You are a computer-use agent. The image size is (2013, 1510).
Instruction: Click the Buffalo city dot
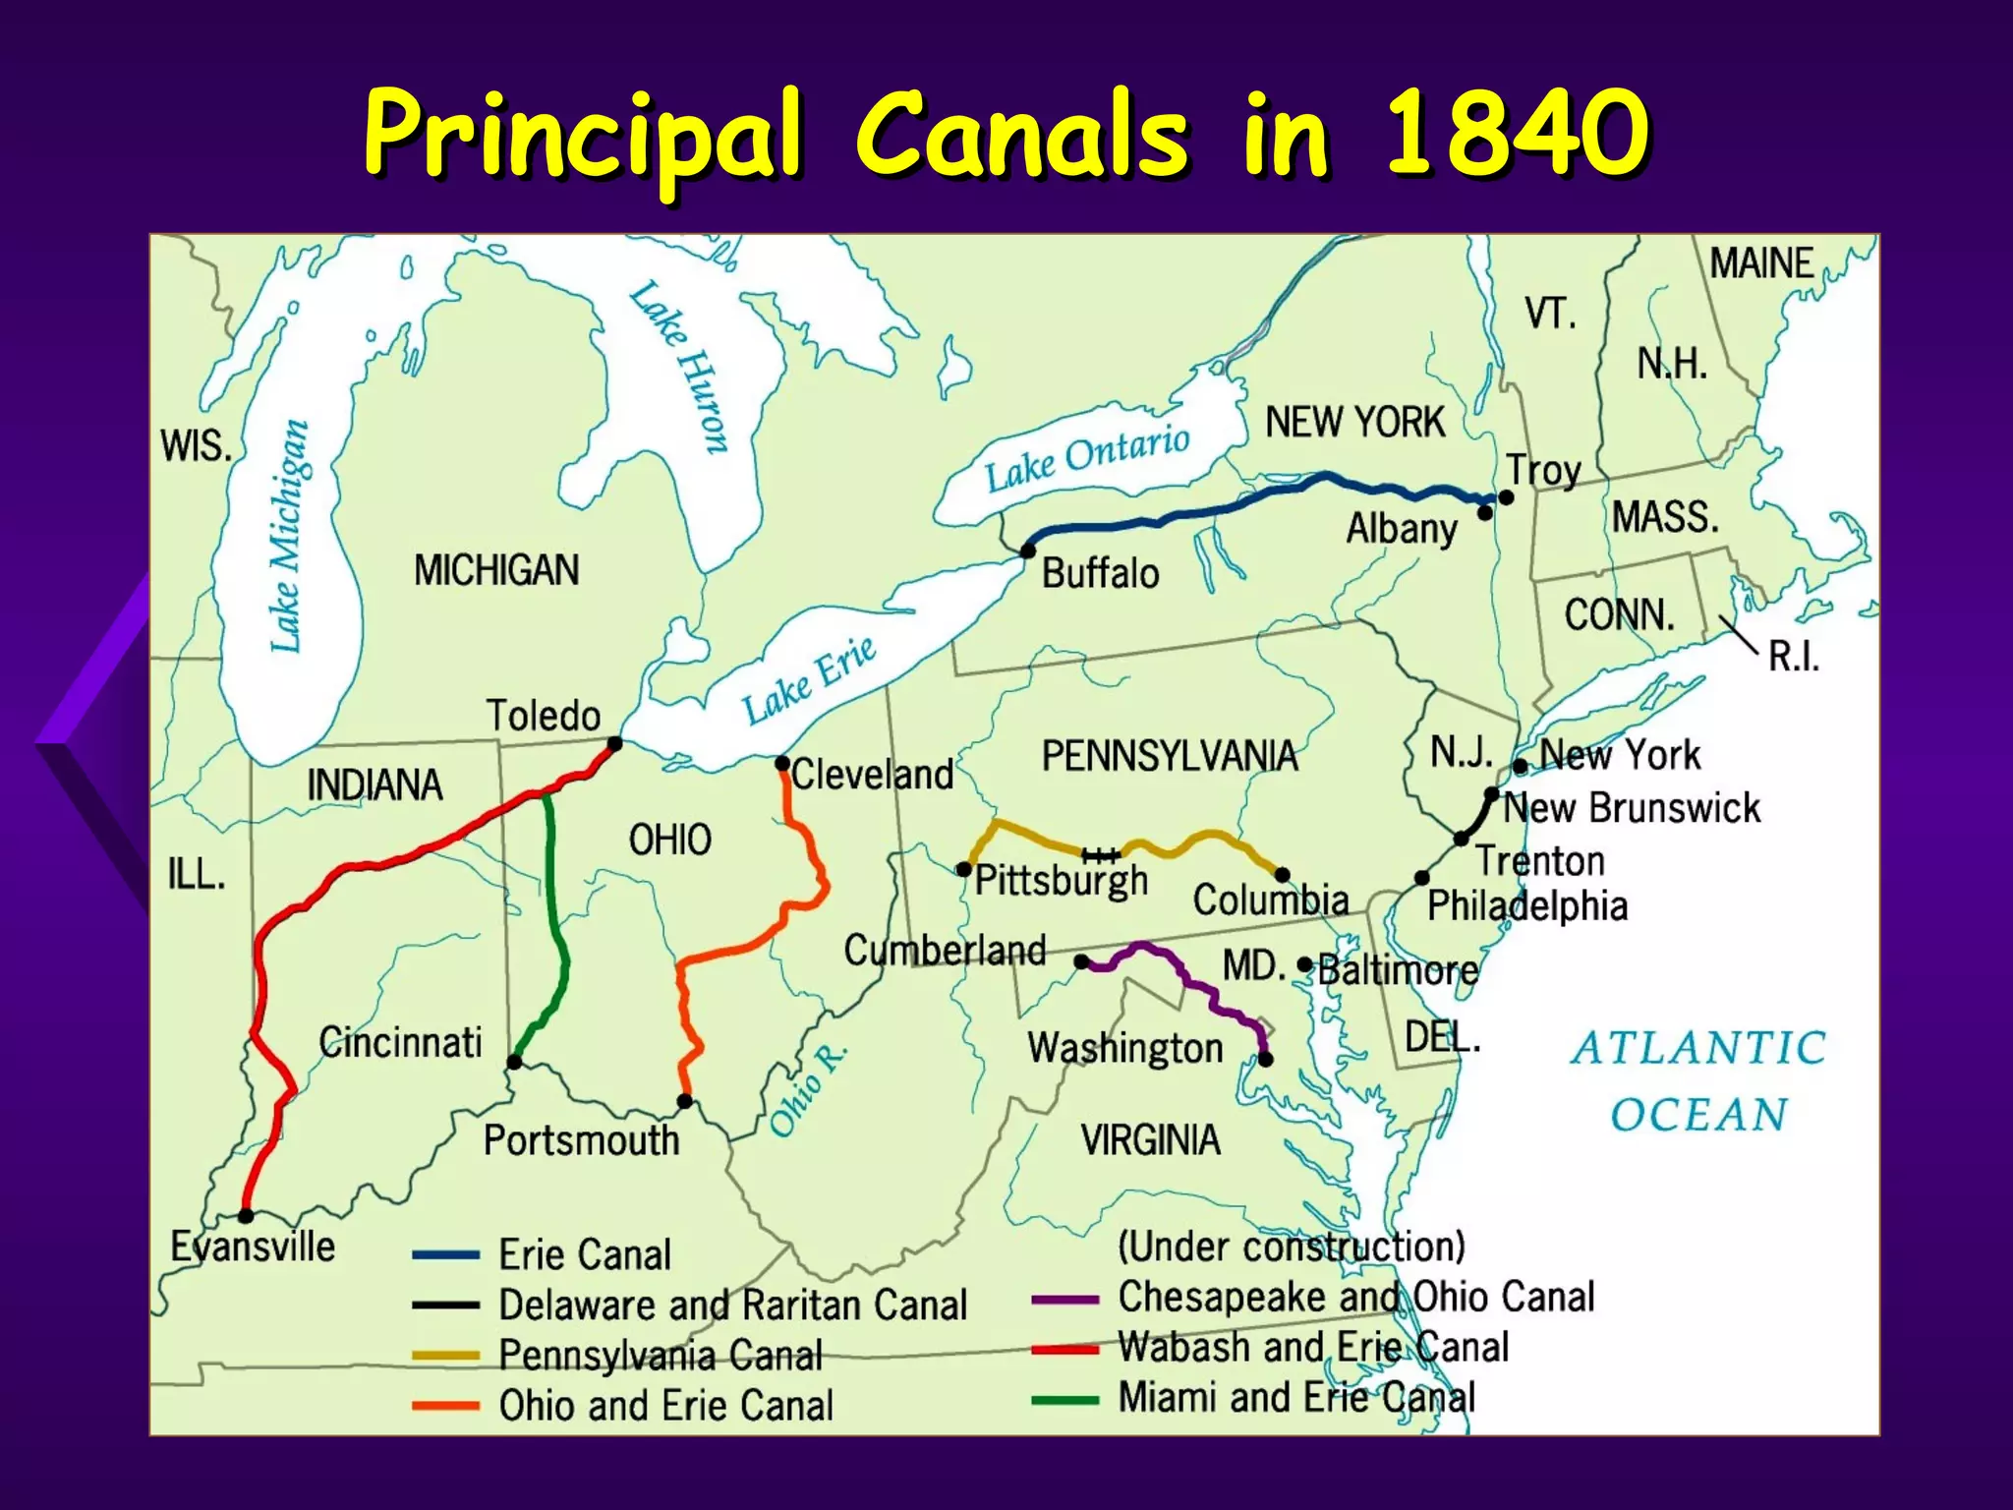(1028, 551)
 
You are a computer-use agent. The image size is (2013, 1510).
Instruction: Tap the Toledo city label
(543, 716)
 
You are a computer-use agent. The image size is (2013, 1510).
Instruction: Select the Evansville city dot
(246, 1216)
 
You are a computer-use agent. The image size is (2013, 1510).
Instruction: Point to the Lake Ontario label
(1087, 458)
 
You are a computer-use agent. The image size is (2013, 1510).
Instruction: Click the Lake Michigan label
(288, 537)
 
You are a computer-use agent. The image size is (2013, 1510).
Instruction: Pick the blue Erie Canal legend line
(445, 1255)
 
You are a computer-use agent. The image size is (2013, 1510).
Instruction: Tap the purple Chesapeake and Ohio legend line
(1064, 1300)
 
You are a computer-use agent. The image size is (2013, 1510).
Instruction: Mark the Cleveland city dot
(782, 764)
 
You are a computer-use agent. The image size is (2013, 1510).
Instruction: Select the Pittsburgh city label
(1062, 881)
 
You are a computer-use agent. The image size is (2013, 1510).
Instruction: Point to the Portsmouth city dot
(685, 1102)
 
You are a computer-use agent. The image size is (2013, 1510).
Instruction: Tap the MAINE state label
(1761, 263)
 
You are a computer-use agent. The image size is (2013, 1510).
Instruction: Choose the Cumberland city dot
(1081, 961)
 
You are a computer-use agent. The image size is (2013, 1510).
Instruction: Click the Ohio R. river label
(808, 1090)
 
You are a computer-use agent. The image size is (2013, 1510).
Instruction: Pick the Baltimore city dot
(1304, 965)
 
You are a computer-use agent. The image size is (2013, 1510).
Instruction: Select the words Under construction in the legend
(1292, 1247)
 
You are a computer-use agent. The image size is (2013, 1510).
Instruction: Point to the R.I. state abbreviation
(1794, 657)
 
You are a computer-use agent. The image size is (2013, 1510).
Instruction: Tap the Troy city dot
(1506, 497)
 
